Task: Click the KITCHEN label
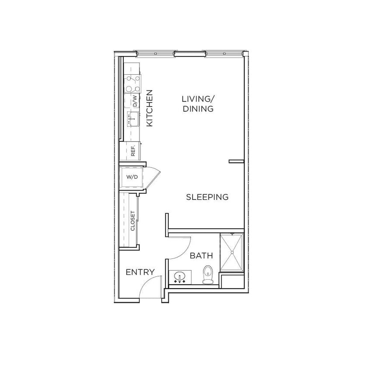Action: pos(149,108)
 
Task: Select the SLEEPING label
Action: pos(207,197)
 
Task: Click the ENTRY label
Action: pos(140,272)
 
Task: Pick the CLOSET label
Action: pos(132,221)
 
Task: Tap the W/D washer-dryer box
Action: pos(132,177)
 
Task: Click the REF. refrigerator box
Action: pos(132,151)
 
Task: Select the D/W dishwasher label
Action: pos(135,102)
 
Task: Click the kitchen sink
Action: pos(133,118)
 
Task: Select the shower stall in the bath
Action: pos(231,252)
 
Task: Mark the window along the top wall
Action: pos(190,54)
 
